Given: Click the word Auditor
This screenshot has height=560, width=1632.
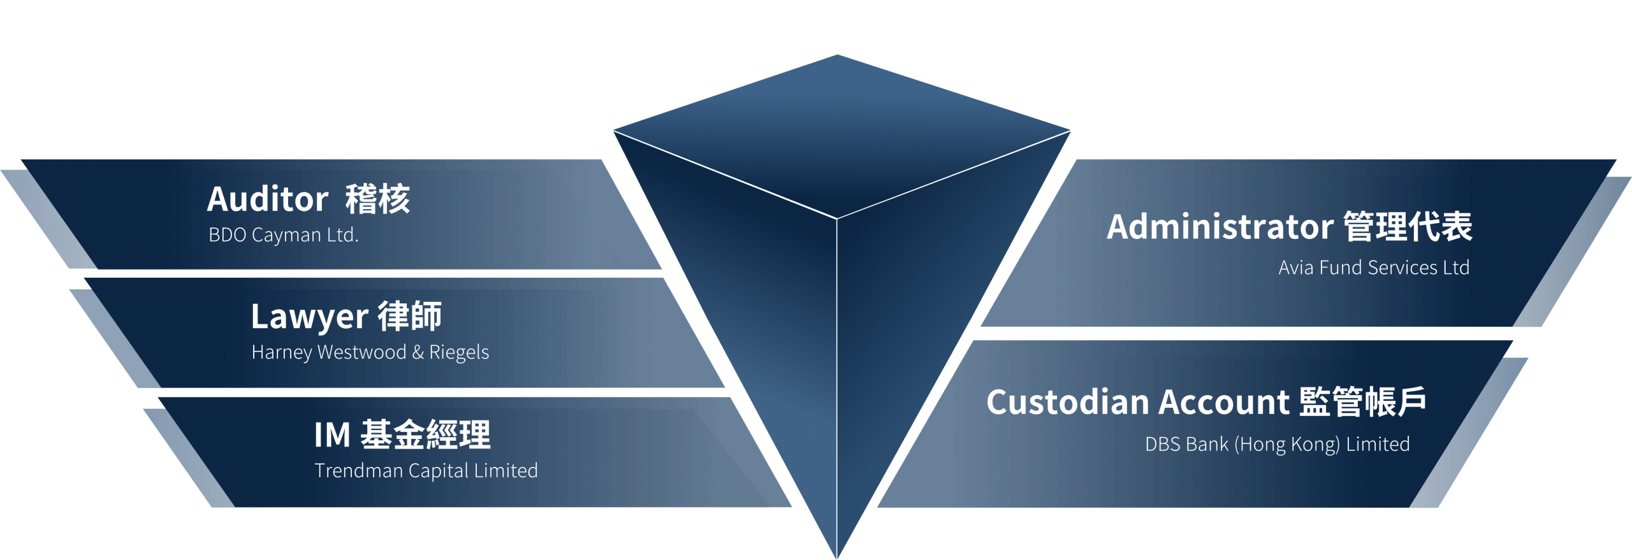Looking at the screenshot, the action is click(x=268, y=199).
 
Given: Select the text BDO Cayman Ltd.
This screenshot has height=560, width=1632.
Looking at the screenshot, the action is click(x=284, y=235).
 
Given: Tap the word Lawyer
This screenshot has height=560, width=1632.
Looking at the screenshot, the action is click(x=310, y=317).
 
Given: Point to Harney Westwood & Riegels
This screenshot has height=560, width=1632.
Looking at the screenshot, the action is click(x=370, y=352).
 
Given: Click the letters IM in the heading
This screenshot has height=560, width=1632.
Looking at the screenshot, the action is click(x=332, y=435).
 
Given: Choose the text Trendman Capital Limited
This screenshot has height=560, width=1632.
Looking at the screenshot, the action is click(x=426, y=471).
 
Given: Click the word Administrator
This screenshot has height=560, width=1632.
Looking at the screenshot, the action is click(x=1220, y=227).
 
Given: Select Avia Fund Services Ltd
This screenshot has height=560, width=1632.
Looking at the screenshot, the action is click(x=1374, y=268).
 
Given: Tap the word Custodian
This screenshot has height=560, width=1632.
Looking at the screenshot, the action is click(x=1068, y=402).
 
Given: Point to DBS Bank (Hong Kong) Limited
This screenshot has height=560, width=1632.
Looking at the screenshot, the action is click(x=1278, y=445).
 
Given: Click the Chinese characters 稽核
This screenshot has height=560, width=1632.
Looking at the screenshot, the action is click(x=378, y=199).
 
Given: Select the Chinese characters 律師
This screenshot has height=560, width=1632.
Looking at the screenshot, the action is click(x=410, y=317).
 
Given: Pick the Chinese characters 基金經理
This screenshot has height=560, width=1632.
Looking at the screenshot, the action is click(x=426, y=434).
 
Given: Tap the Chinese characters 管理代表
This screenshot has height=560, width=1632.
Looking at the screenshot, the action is click(x=1408, y=226).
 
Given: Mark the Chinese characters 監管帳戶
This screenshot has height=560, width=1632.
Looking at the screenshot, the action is click(x=1362, y=402).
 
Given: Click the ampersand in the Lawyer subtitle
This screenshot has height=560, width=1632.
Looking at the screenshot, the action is click(x=418, y=352).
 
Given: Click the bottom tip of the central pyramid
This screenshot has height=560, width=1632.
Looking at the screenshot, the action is click(x=837, y=558).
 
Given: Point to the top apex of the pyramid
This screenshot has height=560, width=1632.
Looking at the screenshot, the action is click(x=837, y=55).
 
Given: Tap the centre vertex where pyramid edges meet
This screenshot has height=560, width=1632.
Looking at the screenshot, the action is click(x=837, y=219).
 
